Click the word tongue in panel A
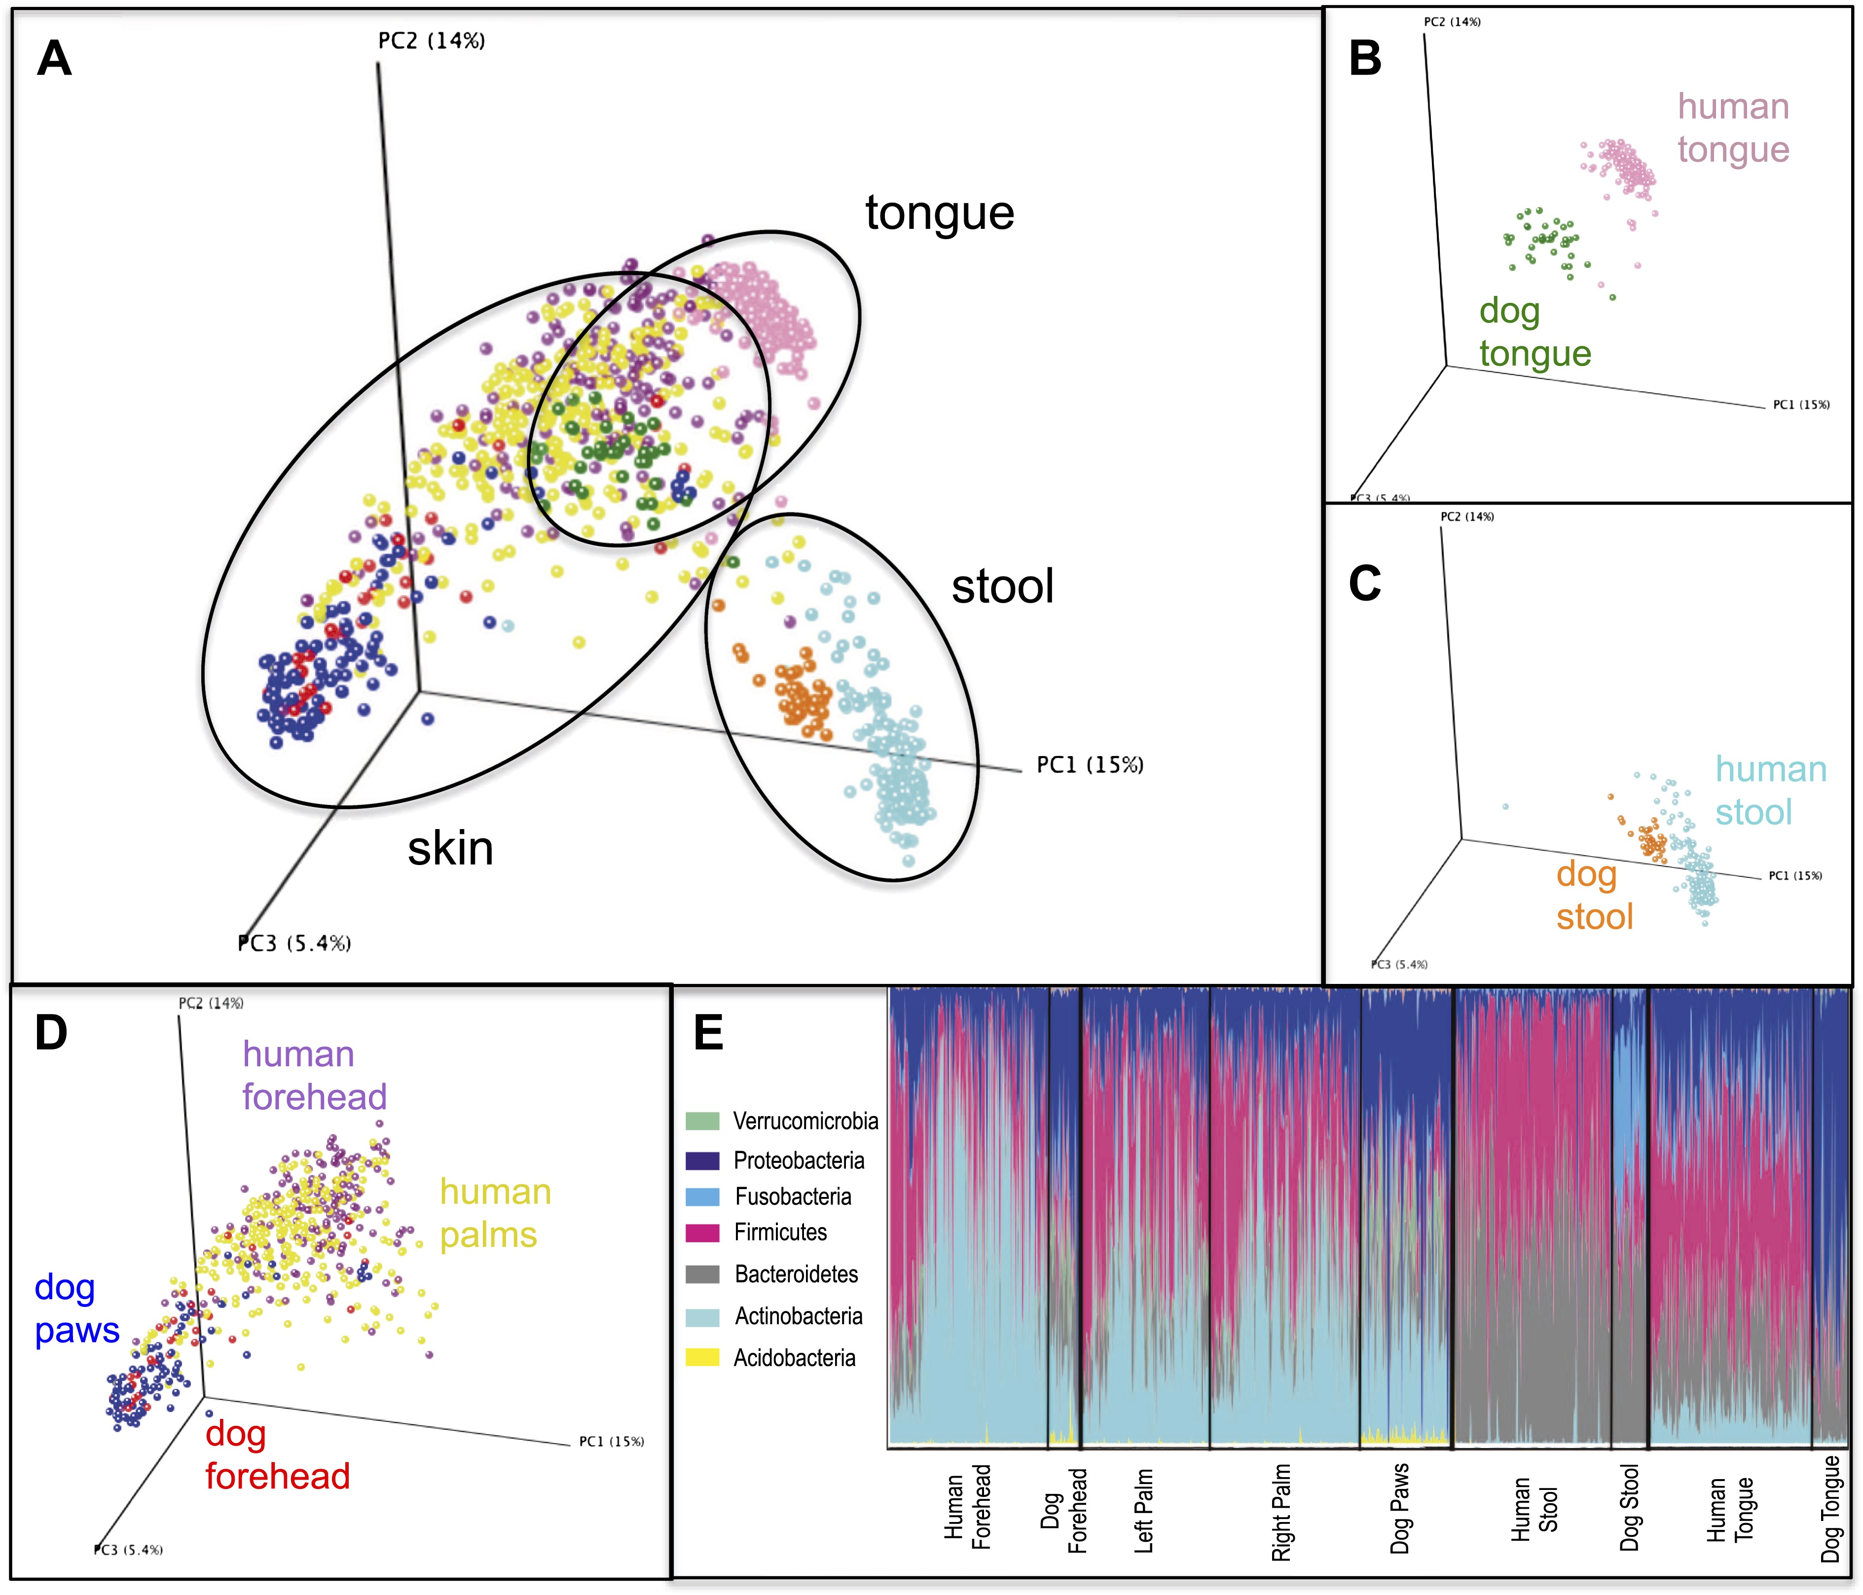tap(940, 214)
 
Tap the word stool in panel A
tap(1003, 587)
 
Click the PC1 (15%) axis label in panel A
tap(1090, 765)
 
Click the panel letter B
tap(1365, 59)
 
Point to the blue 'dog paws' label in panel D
tap(76, 1309)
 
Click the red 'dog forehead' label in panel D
tap(277, 1455)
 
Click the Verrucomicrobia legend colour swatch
tap(702, 1121)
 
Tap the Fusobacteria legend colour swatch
tap(702, 1196)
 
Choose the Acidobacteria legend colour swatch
tap(702, 1358)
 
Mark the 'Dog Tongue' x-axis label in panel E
tap(1830, 1511)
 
